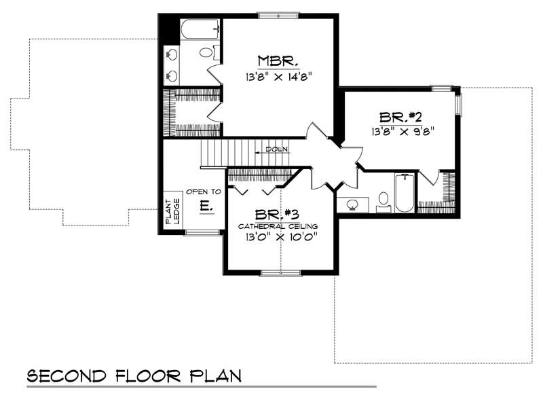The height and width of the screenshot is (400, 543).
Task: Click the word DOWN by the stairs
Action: pyautogui.click(x=277, y=149)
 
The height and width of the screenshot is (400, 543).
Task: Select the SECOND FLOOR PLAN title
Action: pyautogui.click(x=134, y=376)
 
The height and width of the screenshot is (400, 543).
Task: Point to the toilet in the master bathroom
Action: pyautogui.click(x=207, y=52)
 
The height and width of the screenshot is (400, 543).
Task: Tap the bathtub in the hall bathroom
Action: pyautogui.click(x=405, y=193)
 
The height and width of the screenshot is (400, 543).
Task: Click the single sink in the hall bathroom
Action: pyautogui.click(x=353, y=204)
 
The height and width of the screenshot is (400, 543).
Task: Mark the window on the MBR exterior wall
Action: pyautogui.click(x=278, y=15)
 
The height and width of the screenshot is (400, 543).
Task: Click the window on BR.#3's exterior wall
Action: pyautogui.click(x=280, y=273)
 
